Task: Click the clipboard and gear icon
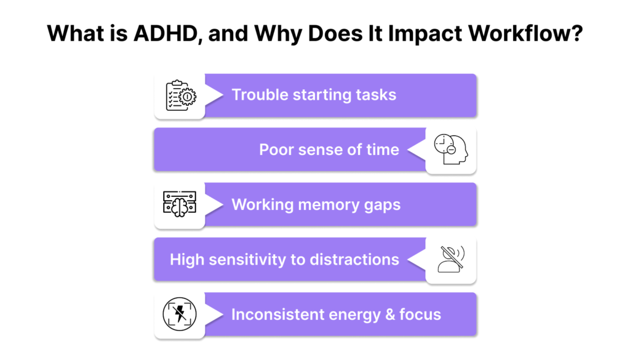click(x=181, y=95)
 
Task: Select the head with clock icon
click(x=451, y=150)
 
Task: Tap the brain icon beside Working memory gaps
click(x=180, y=204)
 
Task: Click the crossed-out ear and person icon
click(x=451, y=259)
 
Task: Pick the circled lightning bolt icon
click(x=180, y=314)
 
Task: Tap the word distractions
click(x=354, y=260)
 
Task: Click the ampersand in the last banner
click(x=389, y=314)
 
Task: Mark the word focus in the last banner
click(x=420, y=314)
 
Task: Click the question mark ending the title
click(x=577, y=33)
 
